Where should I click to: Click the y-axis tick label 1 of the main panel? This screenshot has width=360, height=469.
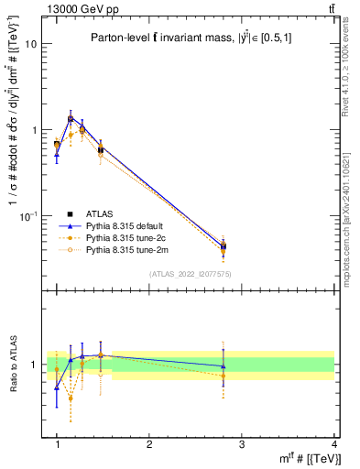34,130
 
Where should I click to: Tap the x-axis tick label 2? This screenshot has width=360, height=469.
149,444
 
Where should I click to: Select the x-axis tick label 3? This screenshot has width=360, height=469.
242,444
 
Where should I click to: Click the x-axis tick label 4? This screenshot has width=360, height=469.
334,444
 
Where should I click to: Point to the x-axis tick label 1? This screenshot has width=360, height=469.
57,444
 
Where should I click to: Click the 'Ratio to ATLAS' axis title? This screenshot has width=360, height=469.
13,364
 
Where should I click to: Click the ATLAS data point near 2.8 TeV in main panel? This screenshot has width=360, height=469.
224,245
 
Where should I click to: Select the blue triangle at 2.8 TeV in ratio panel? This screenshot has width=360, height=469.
224,366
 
